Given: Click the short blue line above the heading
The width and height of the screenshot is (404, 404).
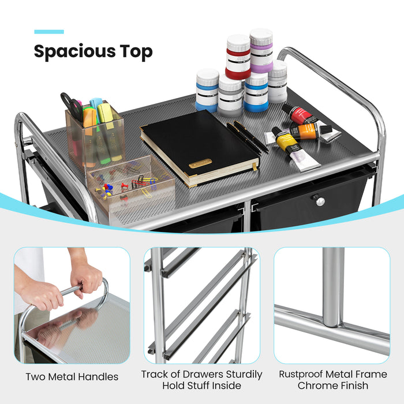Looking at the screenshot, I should (x=48, y=32).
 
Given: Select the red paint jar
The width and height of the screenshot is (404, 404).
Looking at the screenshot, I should (x=238, y=57).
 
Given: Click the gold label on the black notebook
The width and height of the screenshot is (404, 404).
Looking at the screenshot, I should (x=200, y=163).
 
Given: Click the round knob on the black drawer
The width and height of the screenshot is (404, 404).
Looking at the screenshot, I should (x=319, y=201).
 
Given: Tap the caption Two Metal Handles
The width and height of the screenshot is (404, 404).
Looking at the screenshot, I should (x=72, y=377).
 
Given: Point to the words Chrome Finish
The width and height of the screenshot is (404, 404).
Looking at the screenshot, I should (x=334, y=385).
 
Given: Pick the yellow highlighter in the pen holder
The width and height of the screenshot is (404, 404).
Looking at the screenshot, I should (x=106, y=115).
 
